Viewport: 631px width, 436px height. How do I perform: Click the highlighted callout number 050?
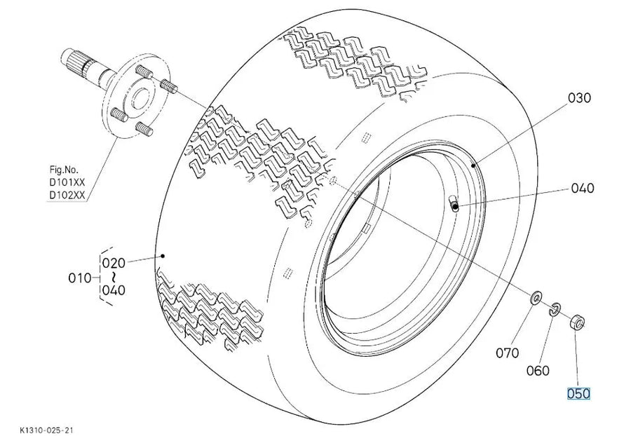tap(578, 393)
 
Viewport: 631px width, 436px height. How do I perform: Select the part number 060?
tap(538, 370)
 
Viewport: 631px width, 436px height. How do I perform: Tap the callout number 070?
tap(507, 353)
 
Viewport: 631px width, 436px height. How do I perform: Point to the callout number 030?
tap(580, 97)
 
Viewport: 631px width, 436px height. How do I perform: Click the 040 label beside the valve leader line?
tap(583, 188)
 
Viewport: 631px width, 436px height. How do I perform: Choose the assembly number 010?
tap(80, 278)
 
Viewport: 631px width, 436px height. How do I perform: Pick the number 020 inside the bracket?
tap(114, 263)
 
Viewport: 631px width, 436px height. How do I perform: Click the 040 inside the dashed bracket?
tap(114, 290)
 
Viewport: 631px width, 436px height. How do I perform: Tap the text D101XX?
tap(67, 182)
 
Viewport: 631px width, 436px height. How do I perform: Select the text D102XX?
tap(67, 195)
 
